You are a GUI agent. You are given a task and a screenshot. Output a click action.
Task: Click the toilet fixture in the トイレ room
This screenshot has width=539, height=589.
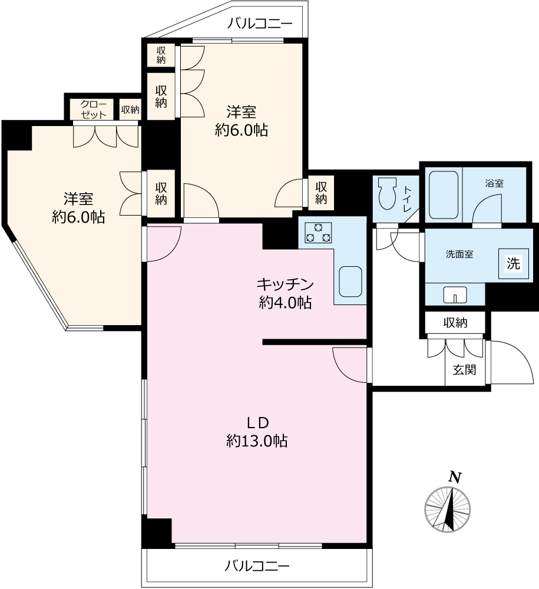[x=387, y=193]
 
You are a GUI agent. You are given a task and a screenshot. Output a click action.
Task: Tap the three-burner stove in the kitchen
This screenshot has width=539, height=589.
[x=318, y=233]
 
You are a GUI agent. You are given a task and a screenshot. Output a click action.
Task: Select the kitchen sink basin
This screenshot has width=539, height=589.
[x=350, y=282]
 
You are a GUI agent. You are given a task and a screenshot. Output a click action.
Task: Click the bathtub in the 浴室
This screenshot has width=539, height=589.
[x=444, y=195]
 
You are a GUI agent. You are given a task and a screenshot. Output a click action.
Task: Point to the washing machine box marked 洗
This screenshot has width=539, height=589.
[x=514, y=263]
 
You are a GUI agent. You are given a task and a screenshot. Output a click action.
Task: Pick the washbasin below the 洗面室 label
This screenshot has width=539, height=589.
[x=455, y=294]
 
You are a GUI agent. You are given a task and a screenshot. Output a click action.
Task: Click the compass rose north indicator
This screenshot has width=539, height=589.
[x=447, y=509]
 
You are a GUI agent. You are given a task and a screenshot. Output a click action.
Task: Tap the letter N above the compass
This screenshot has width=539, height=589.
[x=455, y=477]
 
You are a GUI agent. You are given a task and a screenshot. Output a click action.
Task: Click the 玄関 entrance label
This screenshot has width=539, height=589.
[x=465, y=370]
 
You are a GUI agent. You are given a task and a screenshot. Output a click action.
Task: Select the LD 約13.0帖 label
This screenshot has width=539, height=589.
[x=257, y=432]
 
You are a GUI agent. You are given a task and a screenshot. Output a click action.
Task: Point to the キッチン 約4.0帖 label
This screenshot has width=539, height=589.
[x=285, y=293]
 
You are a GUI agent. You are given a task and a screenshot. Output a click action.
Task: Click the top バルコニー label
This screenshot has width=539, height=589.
[x=260, y=24]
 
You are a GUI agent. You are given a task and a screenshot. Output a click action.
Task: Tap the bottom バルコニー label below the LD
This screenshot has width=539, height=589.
[x=257, y=565]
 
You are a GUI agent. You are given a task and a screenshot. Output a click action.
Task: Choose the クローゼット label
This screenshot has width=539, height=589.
[x=94, y=110]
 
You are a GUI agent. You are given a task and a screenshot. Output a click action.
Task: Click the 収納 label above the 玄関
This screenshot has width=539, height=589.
[x=455, y=322]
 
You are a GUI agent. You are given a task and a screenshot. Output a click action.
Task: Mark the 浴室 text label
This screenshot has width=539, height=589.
[x=494, y=183]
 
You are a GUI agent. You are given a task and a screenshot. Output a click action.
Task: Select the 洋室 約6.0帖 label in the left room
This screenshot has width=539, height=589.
[x=78, y=208]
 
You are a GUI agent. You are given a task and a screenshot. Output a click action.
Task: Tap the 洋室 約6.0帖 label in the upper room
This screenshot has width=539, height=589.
[x=242, y=121]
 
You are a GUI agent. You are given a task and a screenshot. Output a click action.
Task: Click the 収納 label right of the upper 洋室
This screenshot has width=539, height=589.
[x=321, y=193]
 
